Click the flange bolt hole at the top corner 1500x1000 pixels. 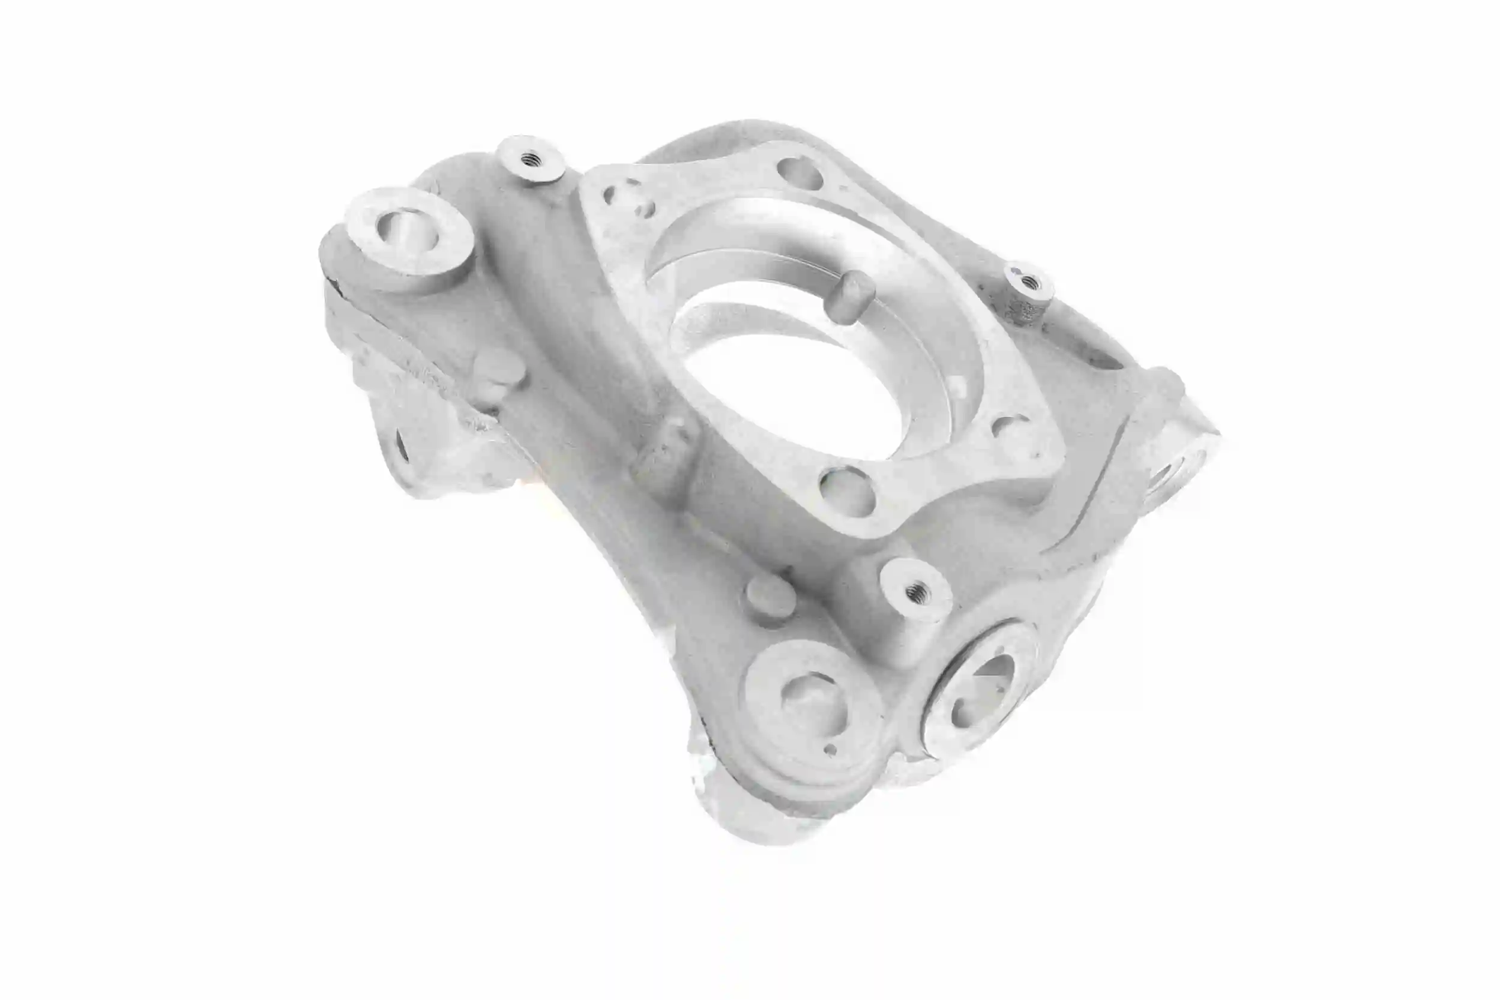[x=799, y=172]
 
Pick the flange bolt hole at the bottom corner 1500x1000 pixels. [x=846, y=492]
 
